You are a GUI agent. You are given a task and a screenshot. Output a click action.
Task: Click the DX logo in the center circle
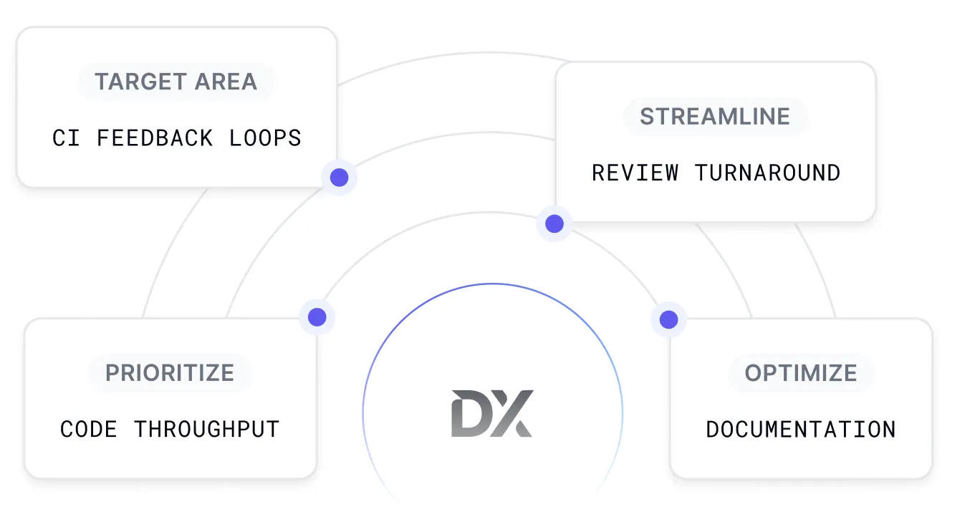(x=492, y=413)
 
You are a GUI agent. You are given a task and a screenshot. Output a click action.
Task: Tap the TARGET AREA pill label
(x=176, y=82)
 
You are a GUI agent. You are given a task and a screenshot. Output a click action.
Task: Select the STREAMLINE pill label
(x=715, y=116)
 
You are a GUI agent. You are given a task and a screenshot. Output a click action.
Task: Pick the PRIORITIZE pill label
(x=170, y=372)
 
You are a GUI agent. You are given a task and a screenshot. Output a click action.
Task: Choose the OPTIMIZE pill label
(x=801, y=372)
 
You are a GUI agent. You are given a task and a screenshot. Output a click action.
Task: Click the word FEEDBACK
(x=155, y=137)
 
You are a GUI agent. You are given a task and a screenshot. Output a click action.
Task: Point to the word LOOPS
(x=265, y=137)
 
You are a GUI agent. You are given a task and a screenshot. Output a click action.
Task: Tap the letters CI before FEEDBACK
(x=66, y=137)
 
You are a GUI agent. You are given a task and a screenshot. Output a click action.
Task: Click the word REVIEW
(x=635, y=173)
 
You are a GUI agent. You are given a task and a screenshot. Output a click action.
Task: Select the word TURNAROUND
(x=767, y=173)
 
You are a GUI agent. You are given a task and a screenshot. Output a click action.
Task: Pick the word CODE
(x=89, y=429)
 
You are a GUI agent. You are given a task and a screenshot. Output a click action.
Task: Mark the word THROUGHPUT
(x=206, y=429)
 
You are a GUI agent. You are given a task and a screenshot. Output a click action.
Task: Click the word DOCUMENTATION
(x=801, y=429)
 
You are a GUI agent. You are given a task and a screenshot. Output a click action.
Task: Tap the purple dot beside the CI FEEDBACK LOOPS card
(x=339, y=177)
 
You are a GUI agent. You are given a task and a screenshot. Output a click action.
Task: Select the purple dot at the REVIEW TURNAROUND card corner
(x=554, y=223)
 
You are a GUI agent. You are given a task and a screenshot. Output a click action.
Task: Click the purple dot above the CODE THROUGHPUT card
(x=317, y=317)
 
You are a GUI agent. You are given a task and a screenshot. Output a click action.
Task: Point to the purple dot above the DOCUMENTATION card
(x=668, y=319)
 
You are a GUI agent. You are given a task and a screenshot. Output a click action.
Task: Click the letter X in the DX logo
(x=512, y=413)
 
